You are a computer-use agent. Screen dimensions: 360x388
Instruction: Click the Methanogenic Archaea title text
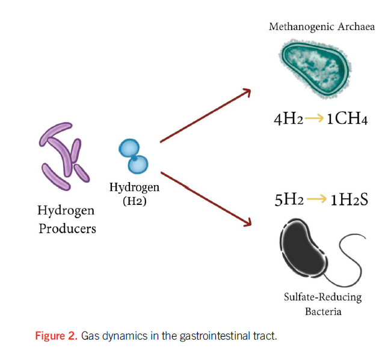point(322,27)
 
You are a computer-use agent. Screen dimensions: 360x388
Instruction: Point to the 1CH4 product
point(346,119)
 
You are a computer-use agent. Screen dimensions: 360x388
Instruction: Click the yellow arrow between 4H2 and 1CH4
point(315,118)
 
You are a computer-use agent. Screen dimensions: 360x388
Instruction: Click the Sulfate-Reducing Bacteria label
point(322,304)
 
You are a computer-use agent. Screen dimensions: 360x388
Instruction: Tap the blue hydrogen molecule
point(134,155)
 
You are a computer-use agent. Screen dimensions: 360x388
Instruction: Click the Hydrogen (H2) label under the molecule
point(134,194)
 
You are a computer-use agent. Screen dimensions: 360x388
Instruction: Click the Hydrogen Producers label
point(67,219)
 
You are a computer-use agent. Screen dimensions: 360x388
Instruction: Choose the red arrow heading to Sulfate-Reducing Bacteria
point(205,198)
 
